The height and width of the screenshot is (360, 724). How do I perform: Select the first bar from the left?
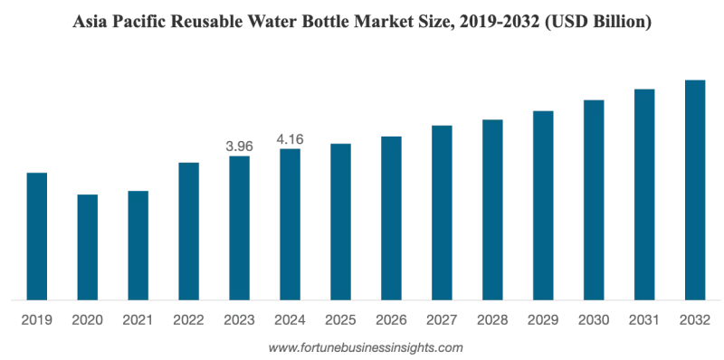coord(36,234)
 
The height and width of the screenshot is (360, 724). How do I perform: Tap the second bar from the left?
coord(87,245)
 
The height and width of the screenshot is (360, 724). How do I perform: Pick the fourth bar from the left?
coord(188,230)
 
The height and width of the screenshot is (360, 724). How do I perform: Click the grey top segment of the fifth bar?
coord(239,145)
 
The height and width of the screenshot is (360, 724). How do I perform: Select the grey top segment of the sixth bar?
coord(290,137)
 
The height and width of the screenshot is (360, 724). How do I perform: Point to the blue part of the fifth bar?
coord(239,226)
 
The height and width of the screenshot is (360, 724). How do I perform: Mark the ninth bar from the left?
coord(442,212)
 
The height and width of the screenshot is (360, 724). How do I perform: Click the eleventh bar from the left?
coord(543,204)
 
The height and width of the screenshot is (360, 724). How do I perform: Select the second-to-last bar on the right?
coord(643,194)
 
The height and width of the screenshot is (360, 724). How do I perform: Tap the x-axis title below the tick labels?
coord(366,346)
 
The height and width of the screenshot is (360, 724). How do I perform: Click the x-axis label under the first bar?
coord(36,318)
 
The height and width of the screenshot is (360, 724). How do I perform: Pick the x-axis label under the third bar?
coord(138,318)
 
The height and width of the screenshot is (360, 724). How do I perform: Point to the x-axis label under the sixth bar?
coord(290,318)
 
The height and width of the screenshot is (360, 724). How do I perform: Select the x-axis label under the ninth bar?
coord(442,318)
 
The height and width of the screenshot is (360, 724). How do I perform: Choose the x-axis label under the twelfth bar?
coord(593,318)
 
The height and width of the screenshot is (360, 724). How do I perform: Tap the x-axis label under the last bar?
coord(694,318)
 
